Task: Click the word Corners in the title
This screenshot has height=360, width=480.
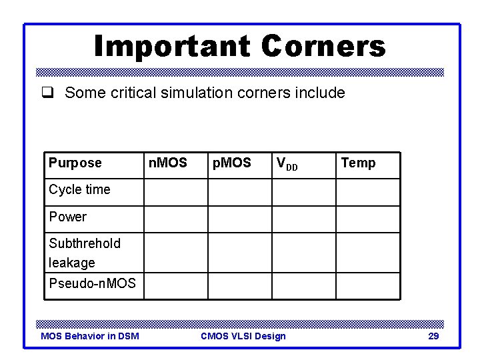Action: point(323,47)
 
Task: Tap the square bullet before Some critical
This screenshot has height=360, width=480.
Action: point(52,93)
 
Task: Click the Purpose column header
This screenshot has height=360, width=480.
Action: point(75,163)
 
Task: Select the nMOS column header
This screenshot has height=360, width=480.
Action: point(167,163)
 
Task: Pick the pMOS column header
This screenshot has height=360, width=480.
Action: point(231,163)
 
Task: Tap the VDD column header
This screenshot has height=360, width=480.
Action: point(287,163)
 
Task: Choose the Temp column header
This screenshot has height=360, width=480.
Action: point(358,163)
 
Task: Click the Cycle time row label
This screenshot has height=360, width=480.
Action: point(79,189)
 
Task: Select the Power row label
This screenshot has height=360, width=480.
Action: point(67,217)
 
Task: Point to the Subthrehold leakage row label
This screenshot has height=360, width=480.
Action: point(84,253)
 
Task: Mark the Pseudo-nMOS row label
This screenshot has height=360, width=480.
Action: point(92,283)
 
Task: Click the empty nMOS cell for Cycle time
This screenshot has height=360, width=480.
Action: point(176,192)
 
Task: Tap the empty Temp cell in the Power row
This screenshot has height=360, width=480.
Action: point(367,219)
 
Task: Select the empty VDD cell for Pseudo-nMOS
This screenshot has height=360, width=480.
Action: point(303,286)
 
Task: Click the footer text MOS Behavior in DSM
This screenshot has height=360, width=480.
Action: point(90,336)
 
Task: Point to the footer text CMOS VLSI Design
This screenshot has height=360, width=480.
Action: point(243,336)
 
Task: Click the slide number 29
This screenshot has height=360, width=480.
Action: point(433,336)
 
